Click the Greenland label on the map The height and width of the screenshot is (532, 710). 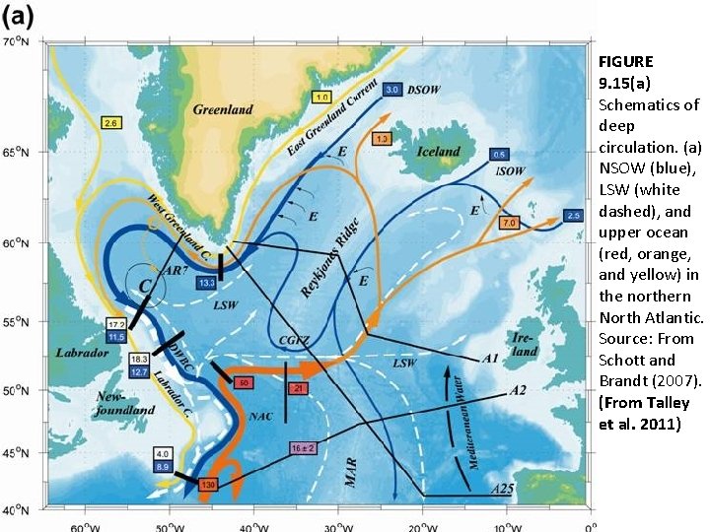click(x=223, y=109)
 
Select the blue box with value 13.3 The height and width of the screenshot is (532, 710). click(x=206, y=283)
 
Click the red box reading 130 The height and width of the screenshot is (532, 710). click(x=208, y=486)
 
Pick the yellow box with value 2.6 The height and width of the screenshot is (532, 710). click(x=110, y=123)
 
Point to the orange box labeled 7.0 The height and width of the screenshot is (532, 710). click(x=509, y=224)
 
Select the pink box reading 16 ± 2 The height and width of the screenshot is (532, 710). click(x=302, y=448)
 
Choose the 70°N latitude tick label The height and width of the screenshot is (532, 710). click(x=18, y=42)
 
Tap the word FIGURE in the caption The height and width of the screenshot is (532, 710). click(x=625, y=61)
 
